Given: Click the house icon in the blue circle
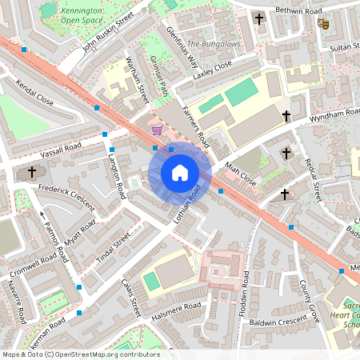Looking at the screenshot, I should pos(180,173).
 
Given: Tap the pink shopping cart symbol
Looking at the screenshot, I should pos(157,129).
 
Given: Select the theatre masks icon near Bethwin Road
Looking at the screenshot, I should pos(324,24).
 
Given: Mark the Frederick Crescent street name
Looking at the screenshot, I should pos(66,197).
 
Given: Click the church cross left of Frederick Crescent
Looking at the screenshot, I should pos(33,171).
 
